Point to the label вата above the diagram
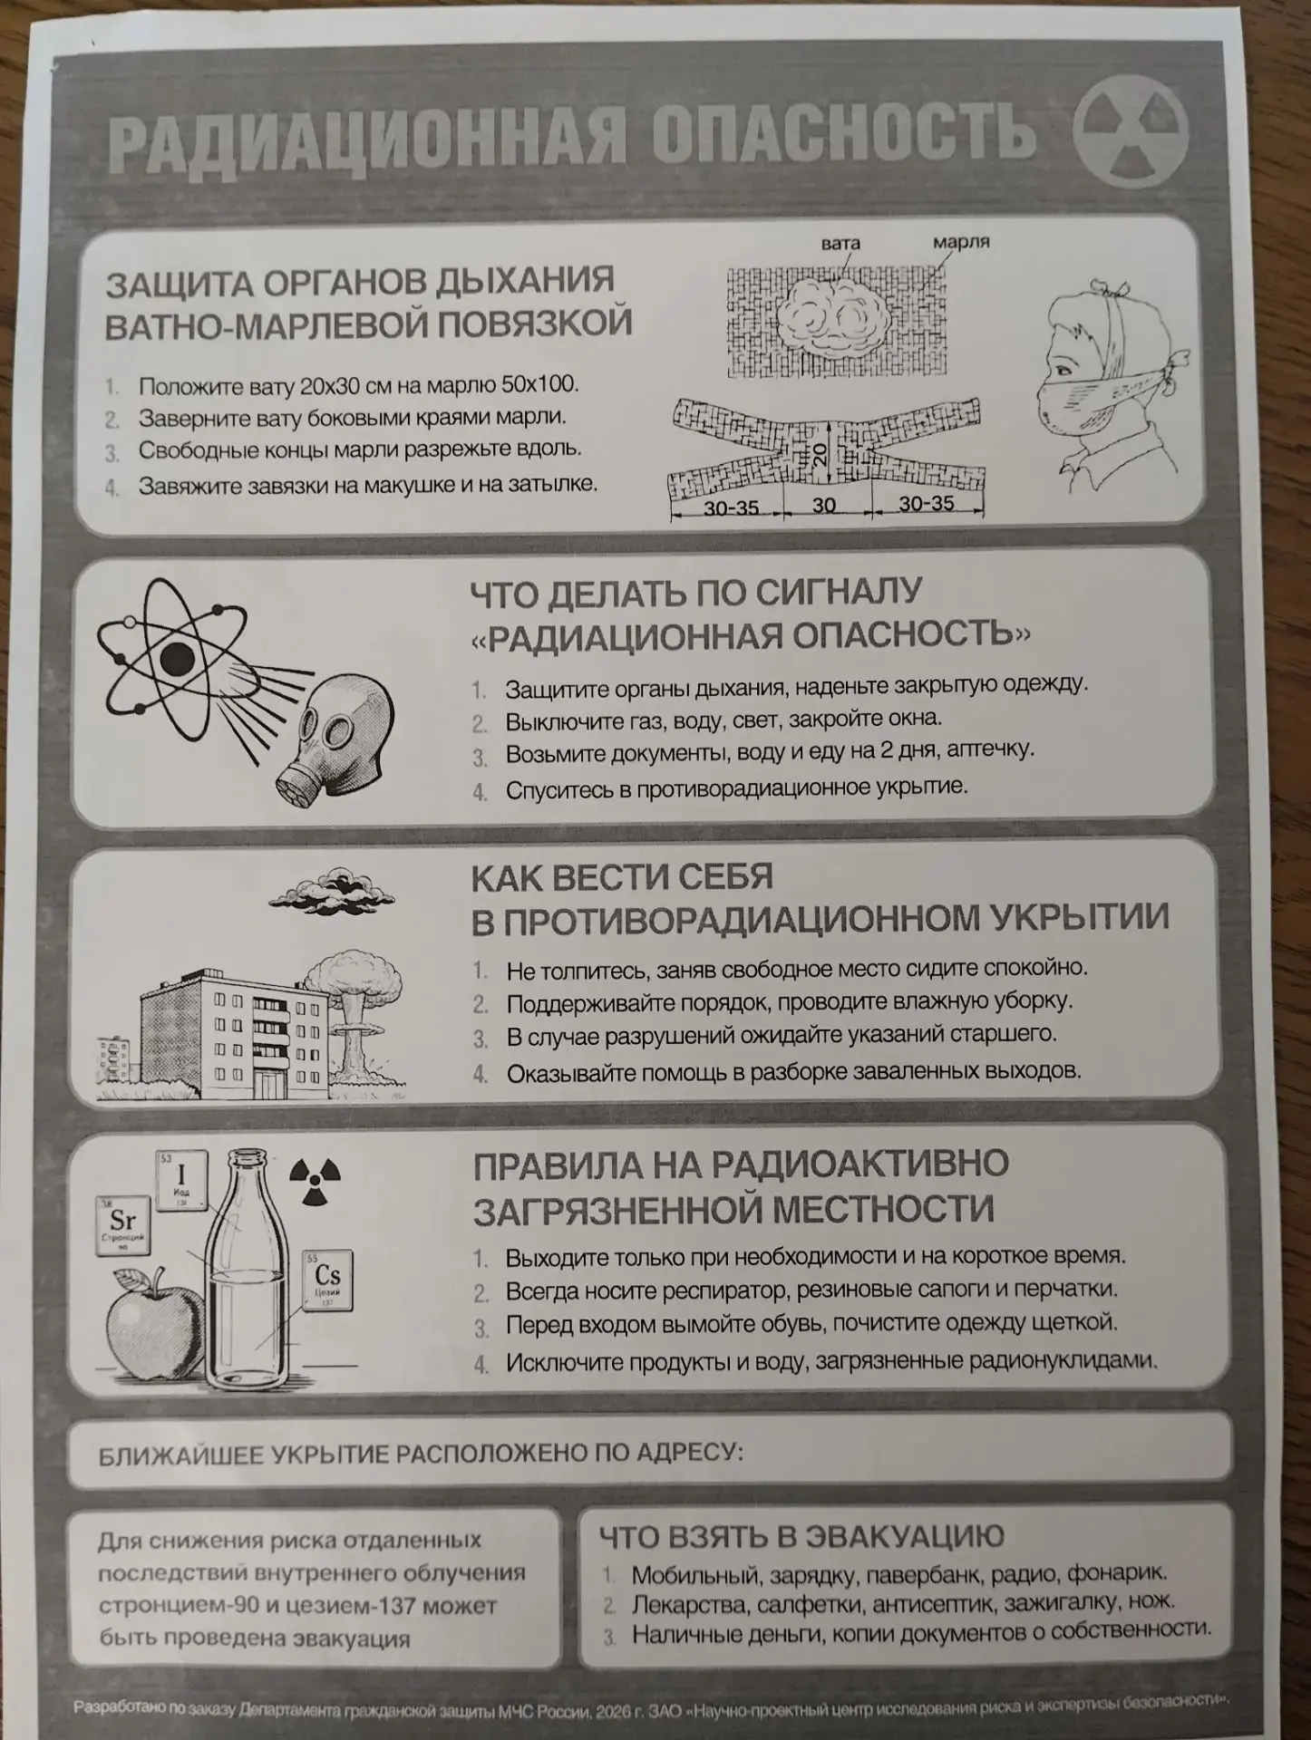pyautogui.click(x=840, y=243)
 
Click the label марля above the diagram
pyautogui.click(x=961, y=242)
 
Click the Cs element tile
pyautogui.click(x=327, y=1281)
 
